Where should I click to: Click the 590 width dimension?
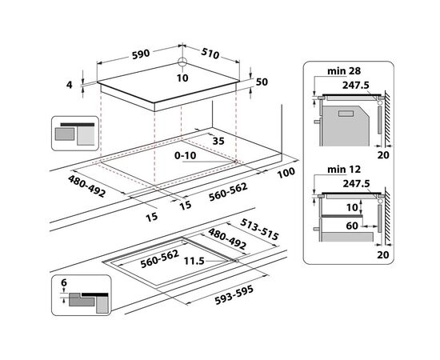(x=141, y=54)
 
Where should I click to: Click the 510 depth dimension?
(x=210, y=54)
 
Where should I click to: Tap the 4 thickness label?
(x=70, y=84)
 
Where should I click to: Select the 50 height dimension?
(x=262, y=82)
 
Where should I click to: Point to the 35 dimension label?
(x=218, y=141)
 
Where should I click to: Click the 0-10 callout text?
(x=186, y=155)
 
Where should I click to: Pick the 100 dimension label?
(x=286, y=173)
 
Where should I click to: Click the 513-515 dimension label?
(x=259, y=230)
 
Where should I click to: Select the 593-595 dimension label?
(x=234, y=294)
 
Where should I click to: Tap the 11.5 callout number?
(x=194, y=262)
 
